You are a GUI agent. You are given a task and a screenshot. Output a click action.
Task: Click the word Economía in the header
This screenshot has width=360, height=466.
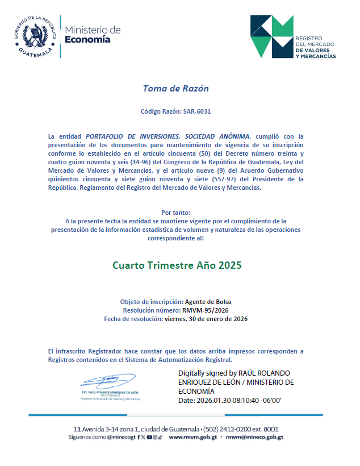click(x=88, y=40)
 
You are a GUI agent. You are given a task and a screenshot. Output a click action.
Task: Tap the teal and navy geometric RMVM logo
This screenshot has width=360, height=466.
click(x=271, y=36)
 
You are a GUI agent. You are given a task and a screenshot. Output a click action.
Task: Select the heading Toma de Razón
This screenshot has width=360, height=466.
click(x=175, y=89)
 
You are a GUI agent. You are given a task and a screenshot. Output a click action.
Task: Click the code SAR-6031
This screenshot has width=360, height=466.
click(x=196, y=111)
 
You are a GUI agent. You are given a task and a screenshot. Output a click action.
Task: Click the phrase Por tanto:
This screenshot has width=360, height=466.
click(x=175, y=212)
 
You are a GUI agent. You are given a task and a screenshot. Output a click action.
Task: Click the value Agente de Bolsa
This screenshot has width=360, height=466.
click(x=208, y=301)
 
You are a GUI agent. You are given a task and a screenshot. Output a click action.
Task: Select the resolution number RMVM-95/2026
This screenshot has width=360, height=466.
click(x=205, y=310)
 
